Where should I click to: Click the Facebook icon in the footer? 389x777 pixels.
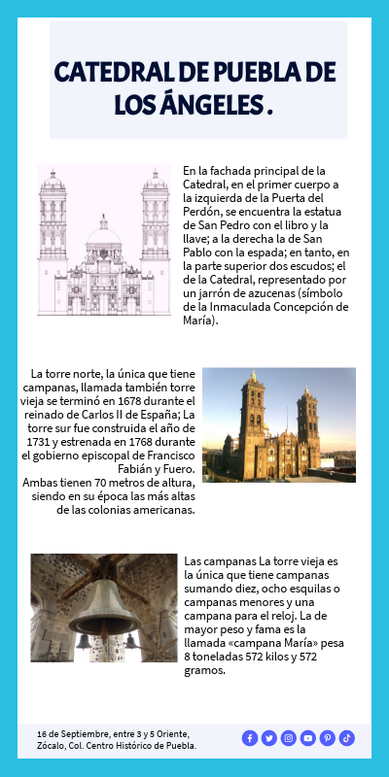coord(250,738)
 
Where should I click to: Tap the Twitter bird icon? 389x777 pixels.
coord(269,738)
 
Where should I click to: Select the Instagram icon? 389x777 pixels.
coord(289,738)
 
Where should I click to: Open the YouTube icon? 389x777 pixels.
coord(308,738)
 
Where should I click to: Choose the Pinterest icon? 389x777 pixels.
coord(328,738)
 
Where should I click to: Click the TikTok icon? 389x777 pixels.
coord(347,738)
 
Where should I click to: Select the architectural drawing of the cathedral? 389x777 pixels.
coord(104,240)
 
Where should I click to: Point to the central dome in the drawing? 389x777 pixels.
coord(104,233)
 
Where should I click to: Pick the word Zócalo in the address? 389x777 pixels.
coord(54,746)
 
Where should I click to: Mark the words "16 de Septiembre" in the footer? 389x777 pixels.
coord(70,733)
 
